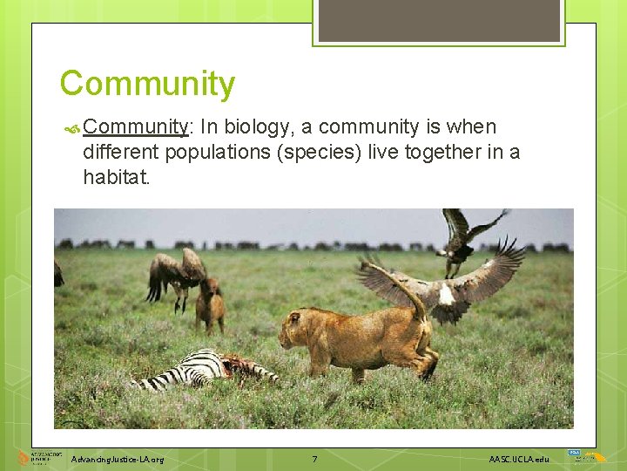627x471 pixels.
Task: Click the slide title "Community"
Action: coord(147,85)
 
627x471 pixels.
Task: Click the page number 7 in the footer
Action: coord(314,459)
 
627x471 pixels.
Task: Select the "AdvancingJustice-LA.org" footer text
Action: coord(118,459)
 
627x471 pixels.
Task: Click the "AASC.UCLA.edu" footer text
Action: coord(519,459)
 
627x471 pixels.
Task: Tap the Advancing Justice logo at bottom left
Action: coord(35,458)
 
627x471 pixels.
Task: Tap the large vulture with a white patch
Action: coord(444,283)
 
